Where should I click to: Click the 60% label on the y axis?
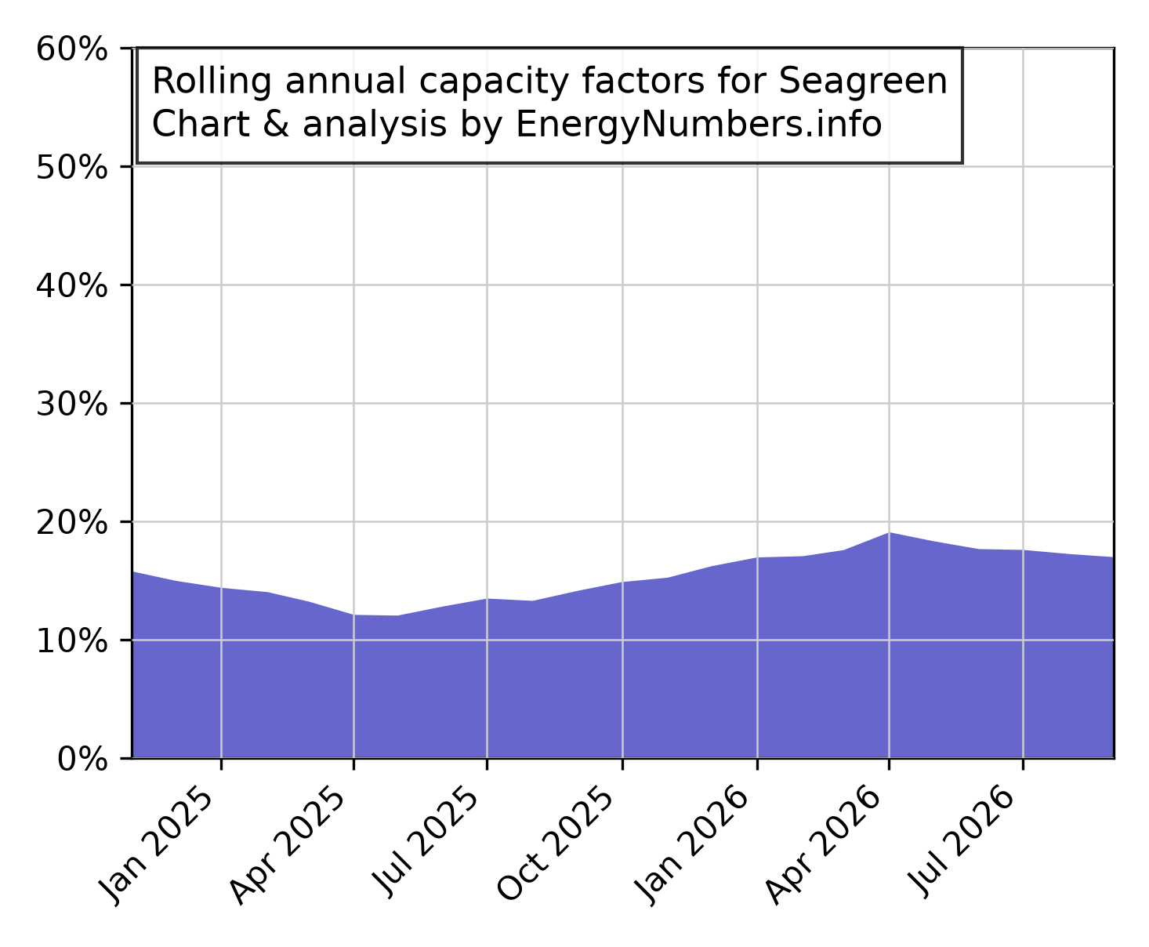(x=71, y=49)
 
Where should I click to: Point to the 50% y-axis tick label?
(x=71, y=168)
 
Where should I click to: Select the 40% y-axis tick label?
(x=71, y=286)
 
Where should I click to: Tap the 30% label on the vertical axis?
(x=71, y=405)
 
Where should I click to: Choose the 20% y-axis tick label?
(x=71, y=523)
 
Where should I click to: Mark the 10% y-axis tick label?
(x=71, y=641)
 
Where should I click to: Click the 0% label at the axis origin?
(x=82, y=760)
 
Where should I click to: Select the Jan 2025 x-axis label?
(x=156, y=846)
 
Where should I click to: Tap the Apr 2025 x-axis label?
(x=287, y=846)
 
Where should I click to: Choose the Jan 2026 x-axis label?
(x=692, y=846)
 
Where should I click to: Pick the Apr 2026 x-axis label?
(x=823, y=846)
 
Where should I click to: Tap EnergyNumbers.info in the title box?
(x=699, y=125)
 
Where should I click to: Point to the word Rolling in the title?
(x=212, y=82)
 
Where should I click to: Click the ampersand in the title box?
(x=276, y=124)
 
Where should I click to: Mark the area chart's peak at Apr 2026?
(x=889, y=533)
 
